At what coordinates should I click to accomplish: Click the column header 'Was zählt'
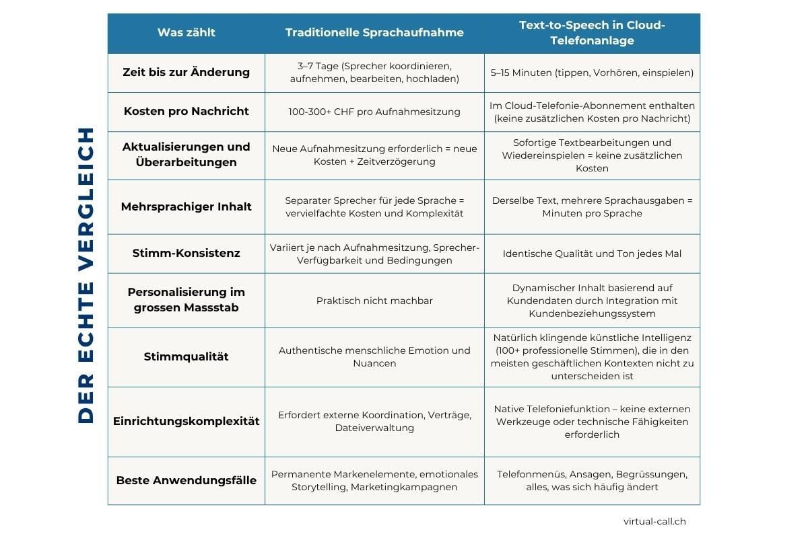187,32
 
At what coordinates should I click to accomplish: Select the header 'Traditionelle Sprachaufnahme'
374,32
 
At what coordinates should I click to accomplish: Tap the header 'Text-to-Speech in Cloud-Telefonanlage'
592,33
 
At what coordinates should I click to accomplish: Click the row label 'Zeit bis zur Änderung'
187,73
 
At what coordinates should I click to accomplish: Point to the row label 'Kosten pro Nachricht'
187,112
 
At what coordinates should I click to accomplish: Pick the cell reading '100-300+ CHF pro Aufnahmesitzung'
374,112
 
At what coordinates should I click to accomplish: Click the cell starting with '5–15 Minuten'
592,73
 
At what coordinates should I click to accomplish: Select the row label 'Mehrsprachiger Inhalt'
187,206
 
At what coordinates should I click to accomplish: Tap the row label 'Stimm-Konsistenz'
187,254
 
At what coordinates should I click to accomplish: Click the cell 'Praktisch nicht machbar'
374,301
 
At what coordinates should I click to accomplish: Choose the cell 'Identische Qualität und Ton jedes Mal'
592,254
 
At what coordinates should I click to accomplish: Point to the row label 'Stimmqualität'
187,356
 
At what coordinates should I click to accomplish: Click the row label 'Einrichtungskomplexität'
187,422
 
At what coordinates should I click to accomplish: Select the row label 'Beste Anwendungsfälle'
187,481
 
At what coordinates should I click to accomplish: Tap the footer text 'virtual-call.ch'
654,521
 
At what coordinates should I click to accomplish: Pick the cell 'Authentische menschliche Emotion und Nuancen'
374,356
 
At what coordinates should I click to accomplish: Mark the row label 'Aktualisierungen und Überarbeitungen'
187,155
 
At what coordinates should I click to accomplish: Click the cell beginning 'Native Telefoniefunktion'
592,422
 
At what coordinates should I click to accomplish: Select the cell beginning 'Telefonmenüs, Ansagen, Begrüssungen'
592,481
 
